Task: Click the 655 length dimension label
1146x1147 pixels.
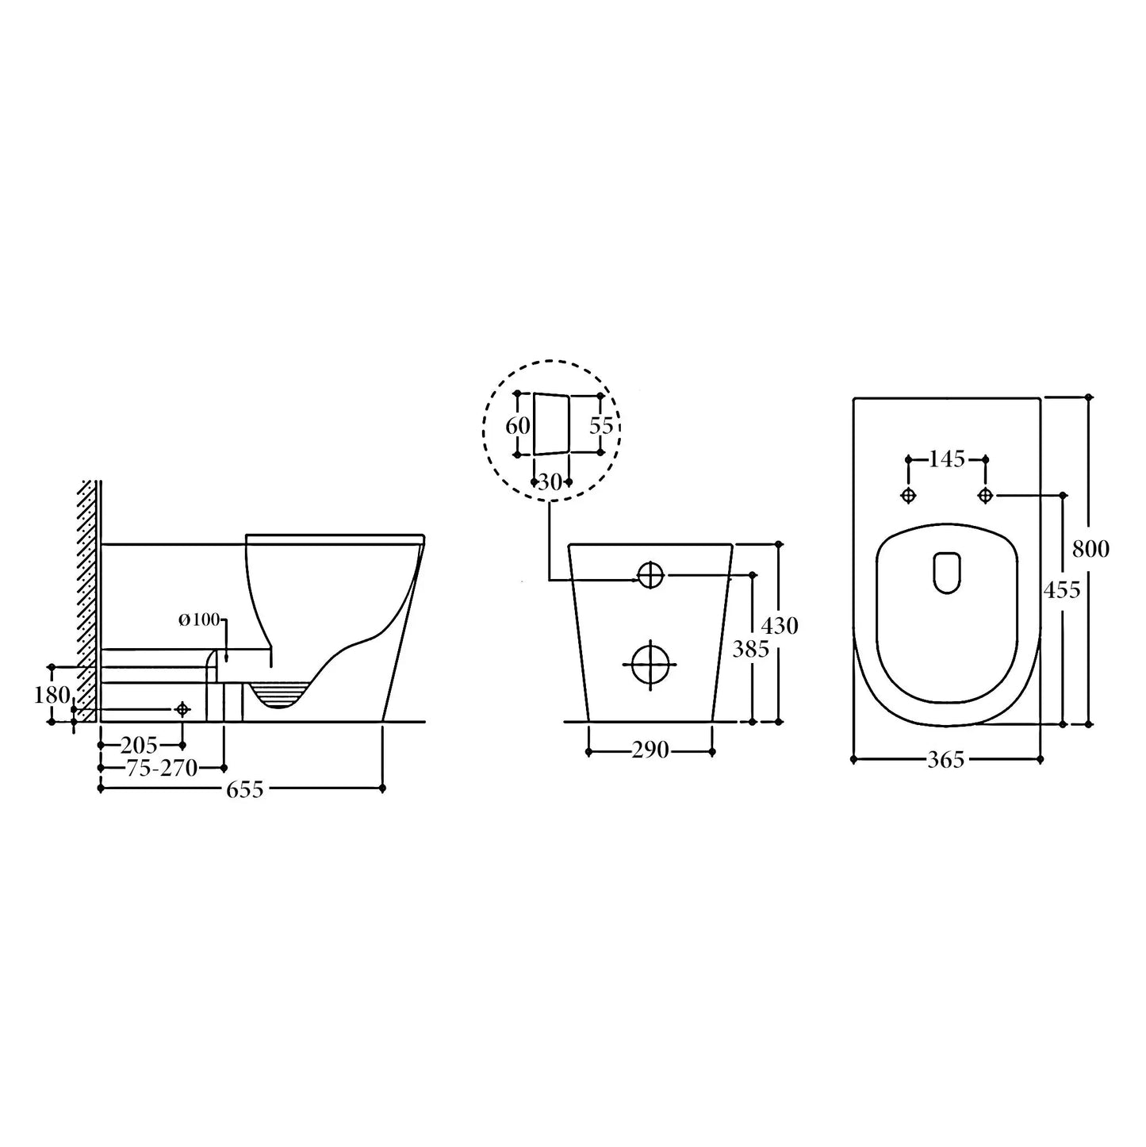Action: (245, 789)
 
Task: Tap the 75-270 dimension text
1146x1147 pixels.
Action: (162, 769)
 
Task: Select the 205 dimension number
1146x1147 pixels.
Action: (139, 745)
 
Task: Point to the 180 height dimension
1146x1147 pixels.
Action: (52, 694)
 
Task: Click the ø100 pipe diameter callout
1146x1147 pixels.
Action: (199, 620)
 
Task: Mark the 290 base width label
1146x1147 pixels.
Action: (650, 750)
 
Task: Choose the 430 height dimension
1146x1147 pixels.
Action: (780, 626)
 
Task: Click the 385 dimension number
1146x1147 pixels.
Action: (751, 649)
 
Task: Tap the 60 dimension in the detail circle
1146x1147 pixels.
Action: (517, 426)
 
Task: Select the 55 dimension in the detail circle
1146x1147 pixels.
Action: (600, 426)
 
